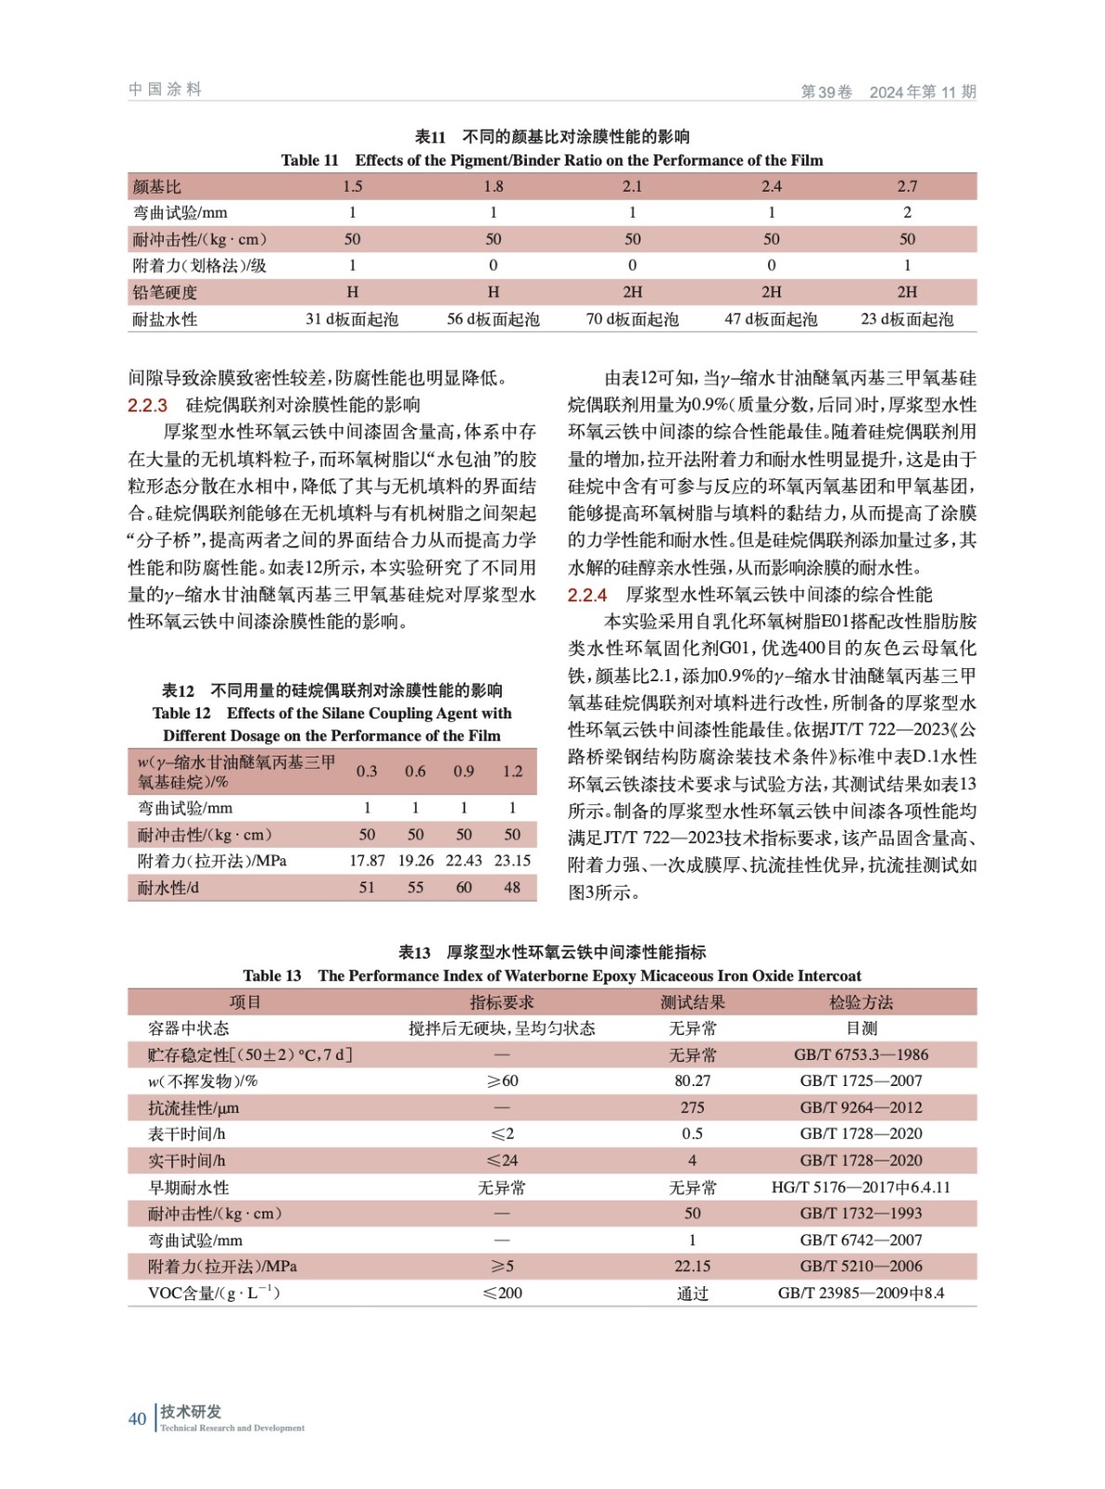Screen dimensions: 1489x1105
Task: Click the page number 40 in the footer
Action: (x=137, y=1418)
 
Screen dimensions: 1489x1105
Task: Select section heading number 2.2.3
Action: (x=147, y=405)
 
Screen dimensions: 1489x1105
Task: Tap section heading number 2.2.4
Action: (x=587, y=595)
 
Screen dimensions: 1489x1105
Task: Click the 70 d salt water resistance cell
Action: (x=632, y=319)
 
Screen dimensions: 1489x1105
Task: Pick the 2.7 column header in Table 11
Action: (x=907, y=186)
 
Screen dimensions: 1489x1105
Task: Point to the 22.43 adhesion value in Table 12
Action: (x=464, y=861)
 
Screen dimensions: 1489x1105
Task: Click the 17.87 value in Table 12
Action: (x=367, y=861)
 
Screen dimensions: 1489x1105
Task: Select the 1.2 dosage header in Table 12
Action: (x=512, y=771)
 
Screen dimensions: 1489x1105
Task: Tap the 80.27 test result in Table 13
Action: (x=693, y=1080)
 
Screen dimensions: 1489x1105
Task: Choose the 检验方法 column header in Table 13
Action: (x=861, y=1002)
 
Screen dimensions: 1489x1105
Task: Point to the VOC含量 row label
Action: (x=213, y=1293)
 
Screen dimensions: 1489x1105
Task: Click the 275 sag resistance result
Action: (x=693, y=1107)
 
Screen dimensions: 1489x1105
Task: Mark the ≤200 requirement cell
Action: (x=502, y=1293)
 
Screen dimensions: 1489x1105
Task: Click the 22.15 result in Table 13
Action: (x=693, y=1267)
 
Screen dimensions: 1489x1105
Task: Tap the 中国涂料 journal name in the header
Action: (x=165, y=89)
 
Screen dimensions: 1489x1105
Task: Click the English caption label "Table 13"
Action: (x=272, y=975)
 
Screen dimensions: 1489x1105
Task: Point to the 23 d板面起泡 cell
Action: (x=907, y=319)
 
